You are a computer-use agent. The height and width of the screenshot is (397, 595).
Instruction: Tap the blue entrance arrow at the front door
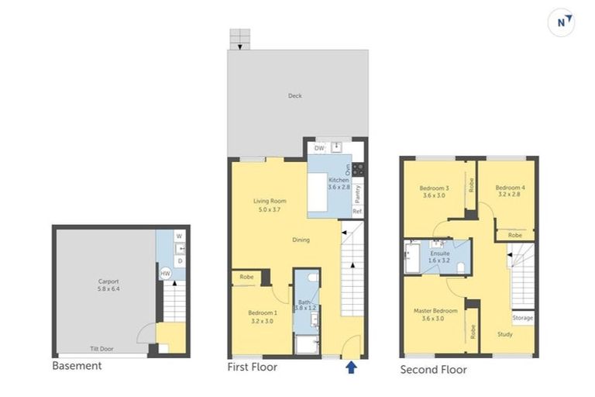point(352,367)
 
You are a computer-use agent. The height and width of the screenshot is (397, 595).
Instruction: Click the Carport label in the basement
point(108,285)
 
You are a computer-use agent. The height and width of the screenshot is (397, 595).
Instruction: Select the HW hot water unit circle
point(165,273)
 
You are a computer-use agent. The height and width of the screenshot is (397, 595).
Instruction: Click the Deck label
point(295,96)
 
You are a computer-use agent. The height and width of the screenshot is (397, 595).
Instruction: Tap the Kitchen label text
point(338,183)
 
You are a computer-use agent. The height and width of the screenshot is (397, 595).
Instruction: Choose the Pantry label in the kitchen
point(358,189)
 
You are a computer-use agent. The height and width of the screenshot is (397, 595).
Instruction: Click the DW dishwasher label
point(319,147)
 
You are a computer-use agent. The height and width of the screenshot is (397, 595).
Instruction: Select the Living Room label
point(270,205)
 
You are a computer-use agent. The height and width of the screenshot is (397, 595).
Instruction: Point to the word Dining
point(301,240)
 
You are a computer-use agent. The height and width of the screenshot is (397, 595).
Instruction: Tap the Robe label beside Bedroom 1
point(246,276)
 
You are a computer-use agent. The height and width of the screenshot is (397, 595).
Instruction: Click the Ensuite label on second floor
point(440,257)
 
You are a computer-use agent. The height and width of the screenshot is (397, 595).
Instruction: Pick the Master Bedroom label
point(435,314)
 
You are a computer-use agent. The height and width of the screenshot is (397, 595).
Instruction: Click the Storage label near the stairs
point(522,317)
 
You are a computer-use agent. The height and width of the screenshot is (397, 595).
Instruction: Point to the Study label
point(504,334)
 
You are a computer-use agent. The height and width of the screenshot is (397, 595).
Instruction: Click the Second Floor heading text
point(433,370)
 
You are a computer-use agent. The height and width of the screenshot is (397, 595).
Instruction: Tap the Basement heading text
point(77,365)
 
